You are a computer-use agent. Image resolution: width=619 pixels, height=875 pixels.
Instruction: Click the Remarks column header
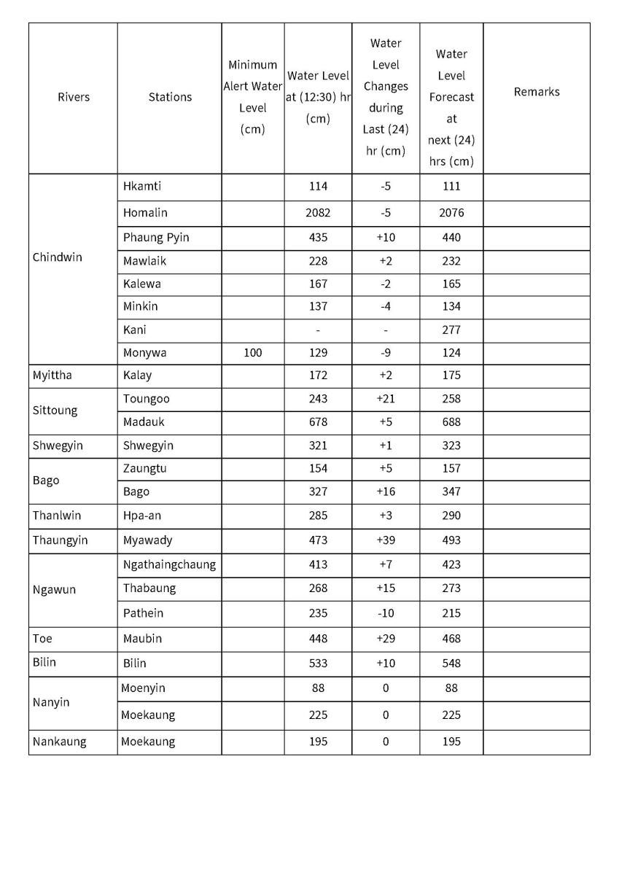[537, 92]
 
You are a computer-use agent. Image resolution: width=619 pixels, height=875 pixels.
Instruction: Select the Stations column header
[170, 97]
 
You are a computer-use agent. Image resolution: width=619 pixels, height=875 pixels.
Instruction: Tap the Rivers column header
[74, 97]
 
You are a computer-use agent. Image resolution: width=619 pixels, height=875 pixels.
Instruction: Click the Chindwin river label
[58, 257]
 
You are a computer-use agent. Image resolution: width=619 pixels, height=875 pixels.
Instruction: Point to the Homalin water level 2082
[318, 213]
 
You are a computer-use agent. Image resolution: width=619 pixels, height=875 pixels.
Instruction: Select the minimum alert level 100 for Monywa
[252, 353]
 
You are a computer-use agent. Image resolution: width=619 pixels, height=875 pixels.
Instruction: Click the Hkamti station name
[142, 186]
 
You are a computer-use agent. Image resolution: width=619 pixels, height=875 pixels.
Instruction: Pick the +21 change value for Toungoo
[386, 399]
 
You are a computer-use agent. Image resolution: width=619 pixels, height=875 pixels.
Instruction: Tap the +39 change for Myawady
[386, 540]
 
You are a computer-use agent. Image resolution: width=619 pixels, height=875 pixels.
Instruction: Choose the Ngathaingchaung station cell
[169, 564]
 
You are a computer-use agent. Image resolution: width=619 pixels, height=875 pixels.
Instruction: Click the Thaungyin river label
[60, 540]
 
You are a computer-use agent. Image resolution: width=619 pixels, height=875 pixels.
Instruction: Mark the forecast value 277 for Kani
[451, 330]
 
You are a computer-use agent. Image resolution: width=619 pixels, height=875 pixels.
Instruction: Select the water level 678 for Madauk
[318, 422]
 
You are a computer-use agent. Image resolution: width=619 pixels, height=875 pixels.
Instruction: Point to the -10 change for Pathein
[386, 613]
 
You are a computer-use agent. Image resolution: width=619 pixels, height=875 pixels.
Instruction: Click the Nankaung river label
[59, 742]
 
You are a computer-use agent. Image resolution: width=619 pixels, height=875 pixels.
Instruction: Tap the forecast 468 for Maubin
[451, 639]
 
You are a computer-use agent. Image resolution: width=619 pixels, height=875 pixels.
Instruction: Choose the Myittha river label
[52, 376]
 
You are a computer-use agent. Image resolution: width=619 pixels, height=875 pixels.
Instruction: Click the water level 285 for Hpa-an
[318, 516]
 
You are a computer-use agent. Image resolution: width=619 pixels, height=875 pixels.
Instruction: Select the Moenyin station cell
[143, 688]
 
